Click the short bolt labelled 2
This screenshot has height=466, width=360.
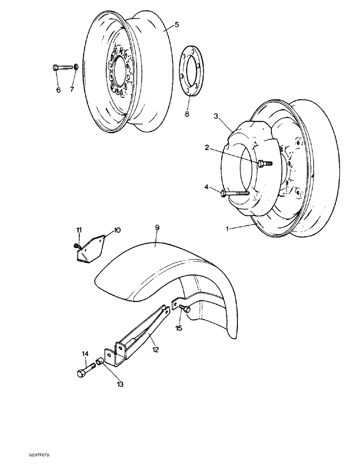tap(264, 163)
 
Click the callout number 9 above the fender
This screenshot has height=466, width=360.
tap(157, 227)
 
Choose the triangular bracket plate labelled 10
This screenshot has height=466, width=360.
tap(91, 247)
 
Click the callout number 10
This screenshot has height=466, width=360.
tap(117, 230)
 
